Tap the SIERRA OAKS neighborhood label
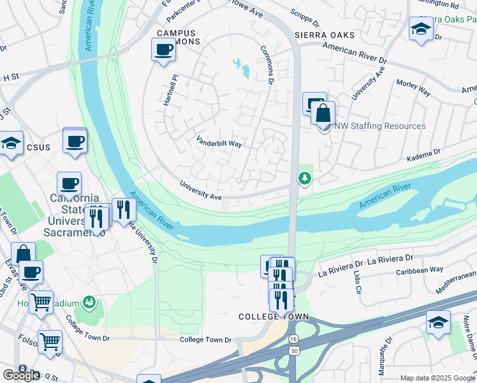324,34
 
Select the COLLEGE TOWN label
274,317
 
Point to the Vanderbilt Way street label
219,142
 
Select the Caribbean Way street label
418,269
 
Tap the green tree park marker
305,177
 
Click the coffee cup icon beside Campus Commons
163,49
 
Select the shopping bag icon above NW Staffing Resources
323,113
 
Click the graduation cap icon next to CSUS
11,143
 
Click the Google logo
21,375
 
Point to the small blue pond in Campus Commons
242,68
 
